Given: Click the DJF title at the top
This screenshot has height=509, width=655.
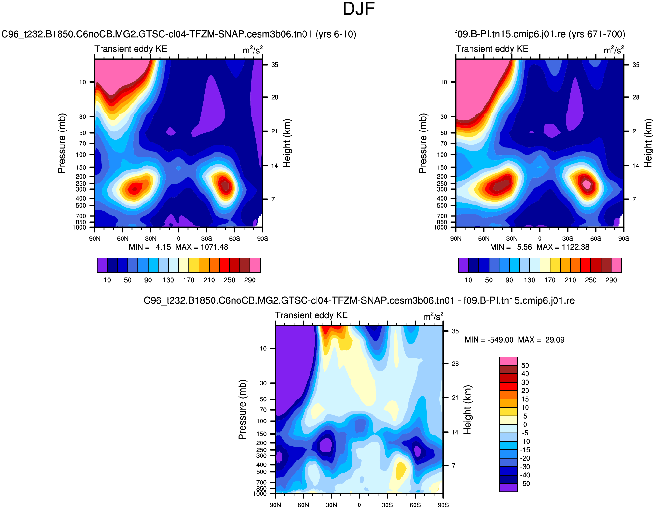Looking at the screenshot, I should point(359,9).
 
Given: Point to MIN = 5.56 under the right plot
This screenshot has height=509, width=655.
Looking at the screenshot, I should point(511,247).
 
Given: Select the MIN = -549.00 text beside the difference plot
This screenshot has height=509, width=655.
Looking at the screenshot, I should point(489,340).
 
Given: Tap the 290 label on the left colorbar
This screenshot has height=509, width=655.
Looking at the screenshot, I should point(250,280).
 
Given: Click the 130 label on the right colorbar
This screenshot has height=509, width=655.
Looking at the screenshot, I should point(529,280).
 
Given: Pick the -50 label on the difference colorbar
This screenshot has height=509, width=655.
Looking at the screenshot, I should point(525,484).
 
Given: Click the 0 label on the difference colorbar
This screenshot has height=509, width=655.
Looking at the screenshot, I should point(525,425).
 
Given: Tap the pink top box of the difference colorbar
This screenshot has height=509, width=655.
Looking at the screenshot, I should point(508,361).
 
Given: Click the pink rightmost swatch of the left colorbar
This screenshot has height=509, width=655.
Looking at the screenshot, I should point(255,265).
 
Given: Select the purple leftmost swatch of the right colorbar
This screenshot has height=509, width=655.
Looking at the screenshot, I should point(463,265).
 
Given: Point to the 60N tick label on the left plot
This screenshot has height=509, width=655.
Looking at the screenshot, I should point(122,239).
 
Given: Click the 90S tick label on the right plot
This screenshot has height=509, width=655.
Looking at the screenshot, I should point(624,239).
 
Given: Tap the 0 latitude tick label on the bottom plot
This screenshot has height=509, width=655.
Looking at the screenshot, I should point(359,505).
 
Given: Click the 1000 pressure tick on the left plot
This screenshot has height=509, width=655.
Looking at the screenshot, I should point(79,227).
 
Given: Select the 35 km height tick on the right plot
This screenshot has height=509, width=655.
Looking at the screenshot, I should point(636,65).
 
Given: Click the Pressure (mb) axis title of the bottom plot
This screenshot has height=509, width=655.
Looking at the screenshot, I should point(242,409).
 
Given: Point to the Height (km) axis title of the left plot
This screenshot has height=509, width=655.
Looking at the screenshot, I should point(287,143).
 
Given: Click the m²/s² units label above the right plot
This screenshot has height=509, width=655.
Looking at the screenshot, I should point(614,50).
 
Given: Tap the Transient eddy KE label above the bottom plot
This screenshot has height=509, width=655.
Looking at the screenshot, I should point(311,315).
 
